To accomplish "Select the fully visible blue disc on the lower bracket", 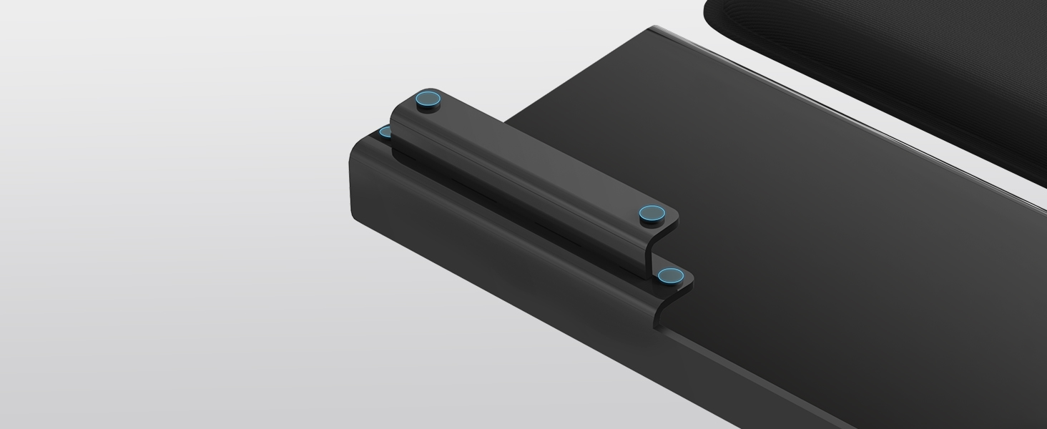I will click(x=670, y=275).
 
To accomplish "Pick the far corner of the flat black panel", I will click(x=654, y=29).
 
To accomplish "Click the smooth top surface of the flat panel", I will click(x=822, y=250).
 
